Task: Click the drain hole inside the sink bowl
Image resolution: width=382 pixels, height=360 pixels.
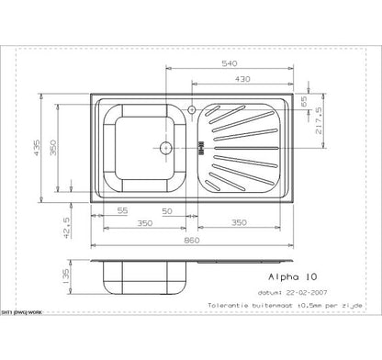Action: (165, 146)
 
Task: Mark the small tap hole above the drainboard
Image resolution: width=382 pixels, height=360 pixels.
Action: (191, 110)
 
